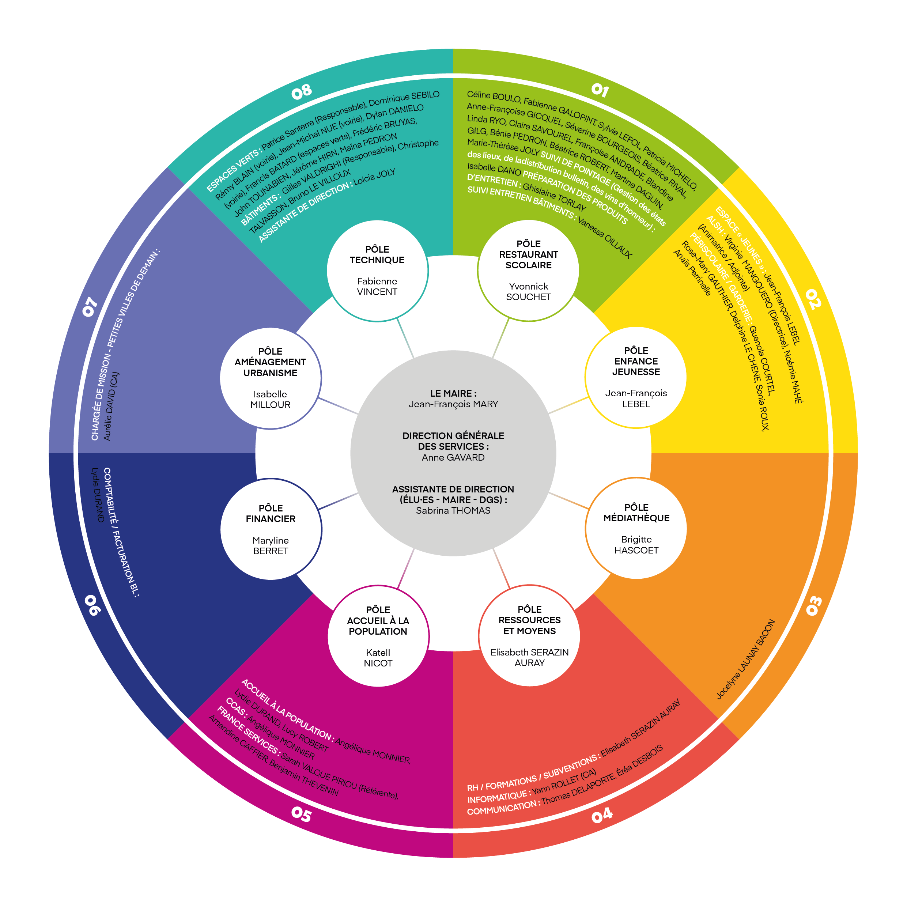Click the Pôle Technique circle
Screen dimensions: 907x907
click(x=377, y=271)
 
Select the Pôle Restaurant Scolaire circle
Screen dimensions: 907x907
click(x=529, y=271)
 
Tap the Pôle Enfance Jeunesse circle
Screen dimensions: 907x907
click(x=636, y=377)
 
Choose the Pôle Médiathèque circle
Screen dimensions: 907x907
click(x=636, y=529)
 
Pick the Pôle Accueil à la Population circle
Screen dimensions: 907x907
click(x=378, y=636)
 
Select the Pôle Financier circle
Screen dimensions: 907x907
click(x=271, y=529)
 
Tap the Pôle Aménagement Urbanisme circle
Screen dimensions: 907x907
click(x=271, y=378)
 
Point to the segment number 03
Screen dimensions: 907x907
click(x=814, y=606)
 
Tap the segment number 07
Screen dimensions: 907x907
click(x=90, y=307)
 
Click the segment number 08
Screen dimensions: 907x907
click(x=301, y=91)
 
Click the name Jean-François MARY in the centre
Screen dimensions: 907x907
click(x=453, y=404)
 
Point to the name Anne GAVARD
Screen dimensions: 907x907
click(x=453, y=457)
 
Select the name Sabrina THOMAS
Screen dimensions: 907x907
click(x=453, y=510)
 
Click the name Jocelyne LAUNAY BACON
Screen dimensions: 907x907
click(x=745, y=660)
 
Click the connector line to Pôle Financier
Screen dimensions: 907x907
click(x=338, y=501)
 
